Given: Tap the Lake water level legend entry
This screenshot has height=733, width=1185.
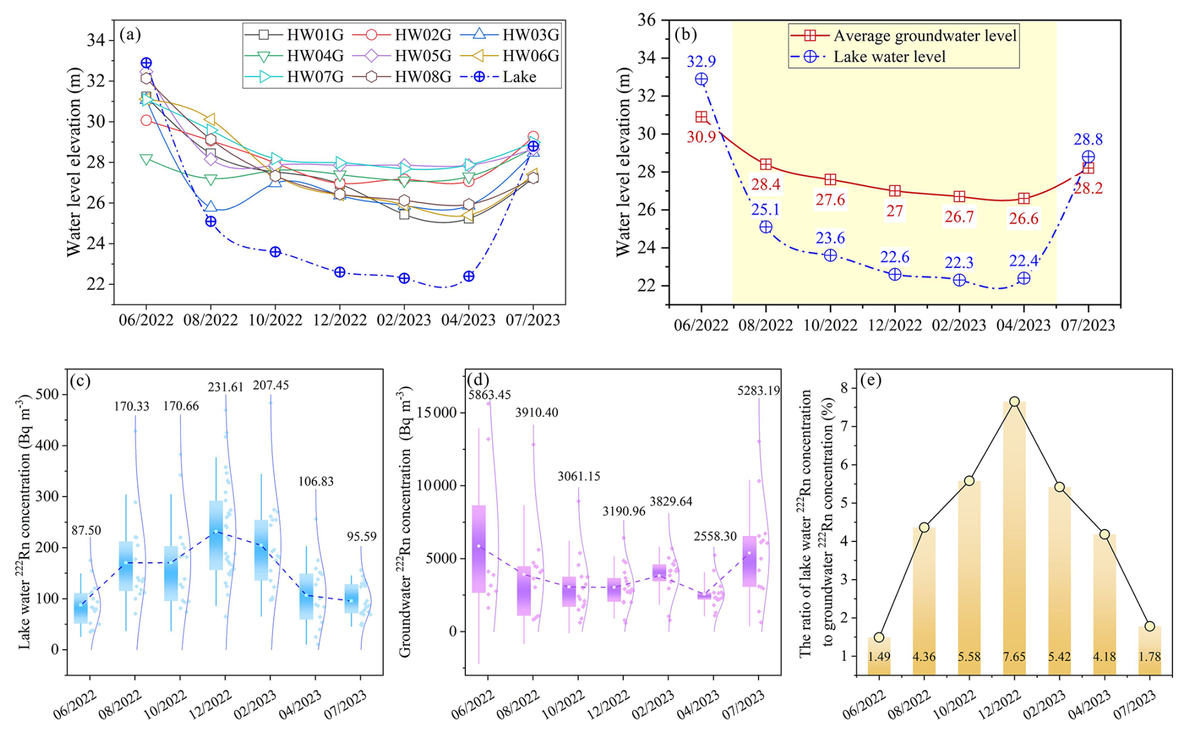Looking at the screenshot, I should pyautogui.click(x=889, y=57).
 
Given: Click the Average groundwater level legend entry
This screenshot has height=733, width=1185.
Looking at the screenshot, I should pyautogui.click(x=924, y=36).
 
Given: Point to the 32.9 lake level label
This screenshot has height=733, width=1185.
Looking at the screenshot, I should pyautogui.click(x=701, y=61).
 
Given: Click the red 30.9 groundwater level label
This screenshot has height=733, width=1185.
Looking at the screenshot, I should pyautogui.click(x=701, y=137).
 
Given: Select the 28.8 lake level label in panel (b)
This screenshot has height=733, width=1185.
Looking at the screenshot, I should pyautogui.click(x=1088, y=140).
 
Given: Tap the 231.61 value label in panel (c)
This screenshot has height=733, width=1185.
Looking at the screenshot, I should pyautogui.click(x=225, y=387).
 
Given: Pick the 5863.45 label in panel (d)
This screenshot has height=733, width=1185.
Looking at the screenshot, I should pyautogui.click(x=490, y=394).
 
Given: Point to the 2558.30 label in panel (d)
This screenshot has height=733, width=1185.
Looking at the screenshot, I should pyautogui.click(x=715, y=536).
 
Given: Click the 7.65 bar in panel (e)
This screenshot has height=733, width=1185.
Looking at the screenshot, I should pyautogui.click(x=1014, y=538).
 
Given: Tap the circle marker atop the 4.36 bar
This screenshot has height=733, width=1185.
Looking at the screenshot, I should pyautogui.click(x=924, y=527).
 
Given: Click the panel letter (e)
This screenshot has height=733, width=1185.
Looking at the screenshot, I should pyautogui.click(x=870, y=380).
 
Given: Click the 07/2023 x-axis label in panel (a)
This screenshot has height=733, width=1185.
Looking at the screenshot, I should pyautogui.click(x=533, y=320).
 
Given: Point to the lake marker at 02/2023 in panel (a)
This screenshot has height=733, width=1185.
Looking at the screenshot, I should pyautogui.click(x=404, y=278).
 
